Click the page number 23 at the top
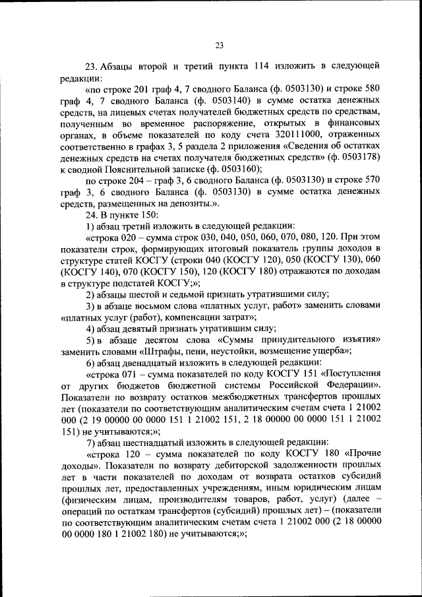coord(220,46)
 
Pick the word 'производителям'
coord(195,499)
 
